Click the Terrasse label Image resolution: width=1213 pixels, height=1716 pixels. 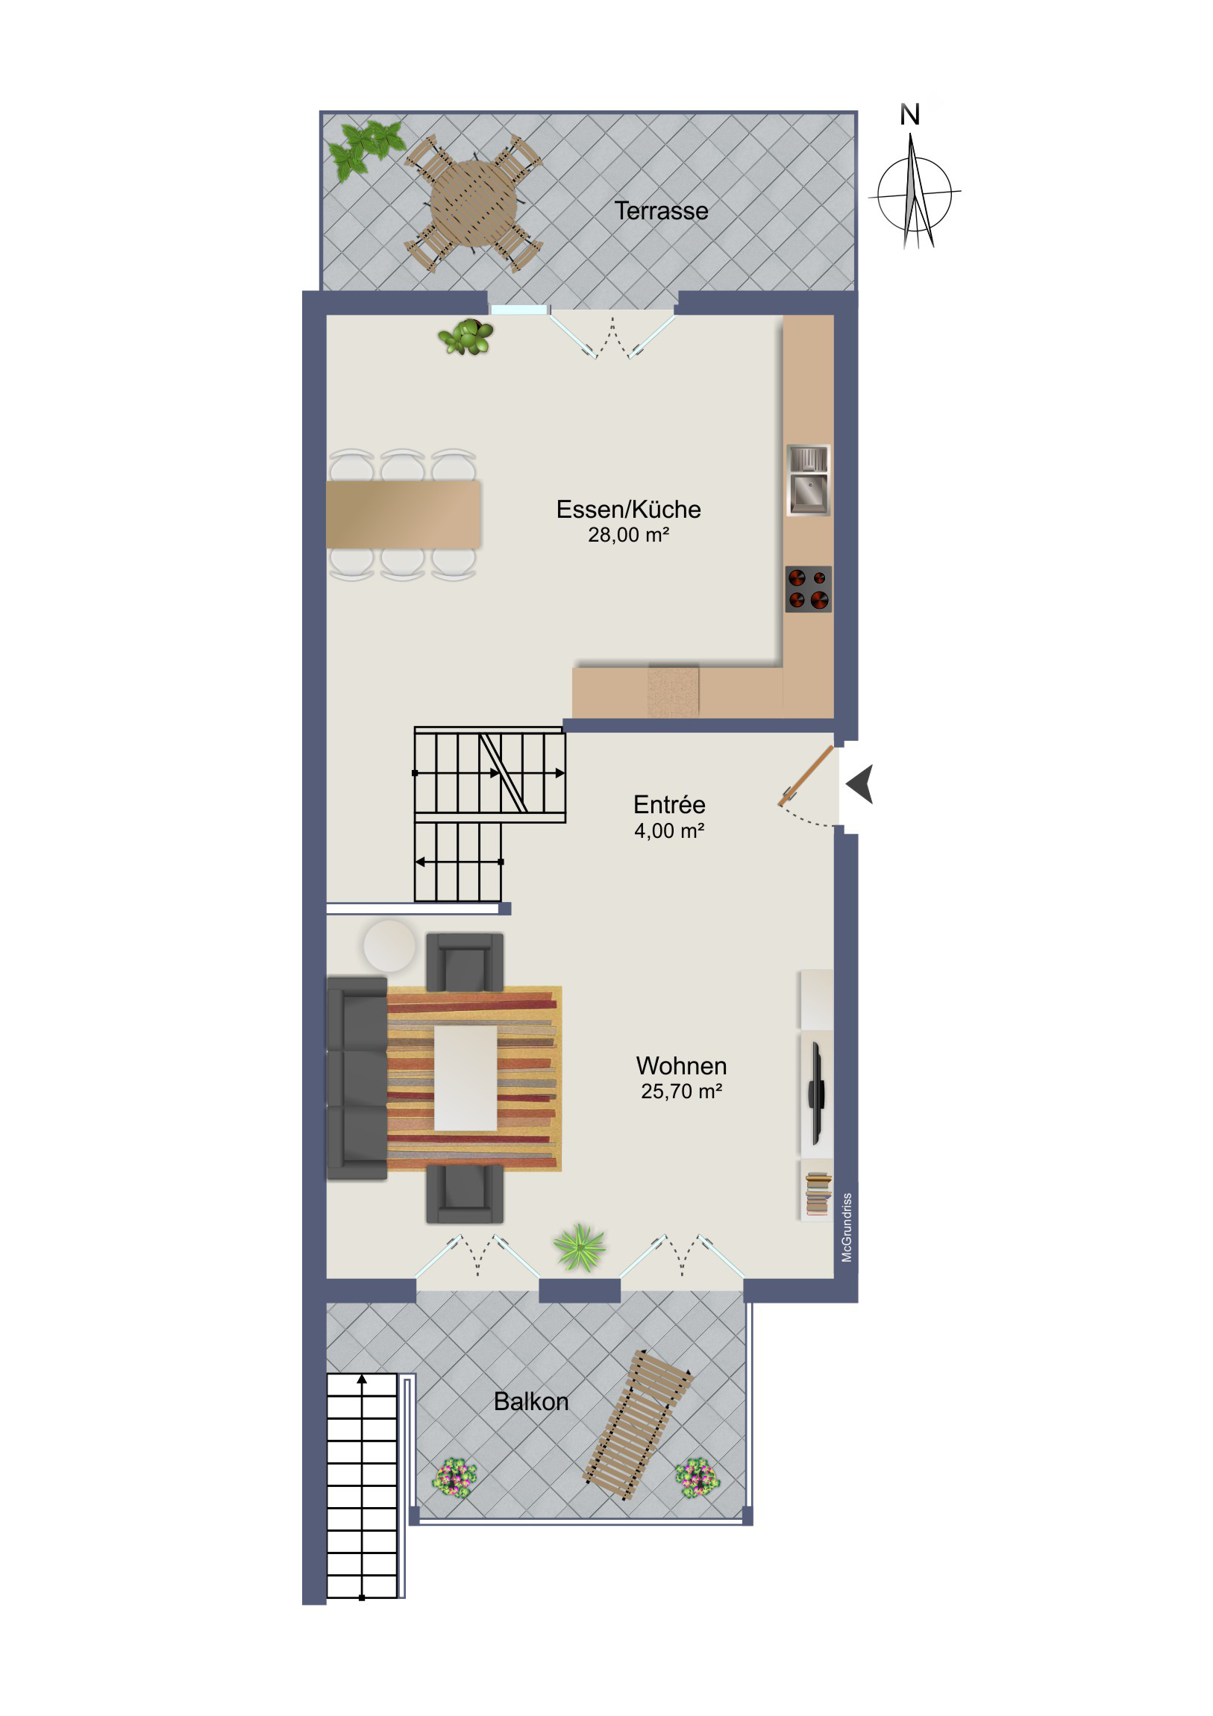(661, 210)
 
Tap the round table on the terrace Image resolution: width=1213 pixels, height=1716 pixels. (473, 202)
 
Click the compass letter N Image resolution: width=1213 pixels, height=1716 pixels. (909, 115)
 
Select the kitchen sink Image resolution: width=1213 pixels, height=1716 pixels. (808, 480)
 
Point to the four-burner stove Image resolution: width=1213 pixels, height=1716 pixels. (808, 589)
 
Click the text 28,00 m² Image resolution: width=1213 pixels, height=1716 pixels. (628, 535)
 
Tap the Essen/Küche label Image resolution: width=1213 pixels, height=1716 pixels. (628, 509)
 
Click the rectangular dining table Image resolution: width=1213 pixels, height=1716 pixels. (404, 514)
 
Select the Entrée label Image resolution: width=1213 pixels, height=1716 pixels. (669, 804)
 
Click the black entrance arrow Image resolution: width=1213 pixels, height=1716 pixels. (860, 784)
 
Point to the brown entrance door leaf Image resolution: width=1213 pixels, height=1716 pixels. (806, 776)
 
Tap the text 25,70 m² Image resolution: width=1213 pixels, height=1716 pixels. (681, 1092)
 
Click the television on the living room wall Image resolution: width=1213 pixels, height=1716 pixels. (816, 1094)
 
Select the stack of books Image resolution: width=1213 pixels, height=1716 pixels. (818, 1194)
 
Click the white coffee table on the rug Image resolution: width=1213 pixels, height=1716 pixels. (466, 1079)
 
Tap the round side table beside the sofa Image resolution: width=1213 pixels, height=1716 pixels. (389, 945)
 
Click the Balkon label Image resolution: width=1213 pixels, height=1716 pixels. (530, 1400)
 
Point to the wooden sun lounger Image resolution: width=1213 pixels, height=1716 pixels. (637, 1424)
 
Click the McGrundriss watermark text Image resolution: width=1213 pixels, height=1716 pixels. (847, 1227)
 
